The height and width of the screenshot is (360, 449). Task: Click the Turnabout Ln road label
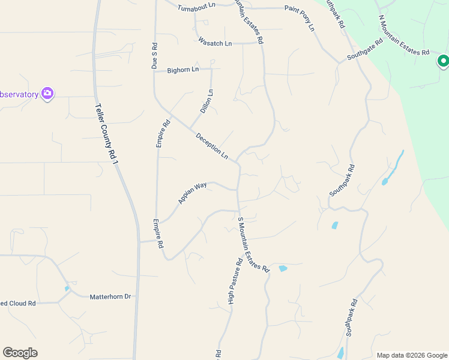(x=197, y=8)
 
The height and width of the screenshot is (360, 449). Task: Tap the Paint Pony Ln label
(x=300, y=19)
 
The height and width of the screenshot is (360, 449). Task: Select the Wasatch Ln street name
(x=214, y=43)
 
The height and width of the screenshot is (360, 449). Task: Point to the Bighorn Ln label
(x=182, y=70)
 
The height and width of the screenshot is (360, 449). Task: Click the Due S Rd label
(x=155, y=57)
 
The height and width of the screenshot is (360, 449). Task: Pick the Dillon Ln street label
(x=206, y=101)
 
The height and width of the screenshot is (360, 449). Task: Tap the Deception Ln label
(x=212, y=146)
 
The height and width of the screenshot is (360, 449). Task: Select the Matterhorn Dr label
(x=110, y=297)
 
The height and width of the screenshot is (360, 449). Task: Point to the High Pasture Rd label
(x=235, y=281)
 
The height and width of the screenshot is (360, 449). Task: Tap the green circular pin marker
(x=443, y=61)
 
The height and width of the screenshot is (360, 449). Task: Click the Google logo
(x=20, y=353)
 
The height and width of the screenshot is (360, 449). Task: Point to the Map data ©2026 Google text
(x=411, y=355)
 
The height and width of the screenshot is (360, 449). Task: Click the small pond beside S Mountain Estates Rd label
(x=282, y=268)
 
